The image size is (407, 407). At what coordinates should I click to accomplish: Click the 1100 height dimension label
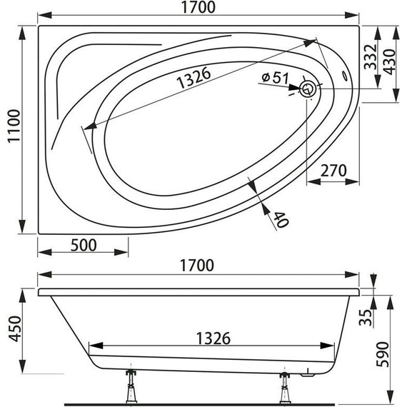tap(14, 126)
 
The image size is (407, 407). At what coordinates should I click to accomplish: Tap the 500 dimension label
tap(84, 245)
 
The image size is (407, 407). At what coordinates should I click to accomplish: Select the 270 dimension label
tap(333, 171)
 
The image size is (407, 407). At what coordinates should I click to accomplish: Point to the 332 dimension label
tap(370, 57)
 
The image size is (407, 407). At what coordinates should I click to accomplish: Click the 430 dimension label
tap(389, 62)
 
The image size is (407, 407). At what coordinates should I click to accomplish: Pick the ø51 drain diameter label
tap(275, 77)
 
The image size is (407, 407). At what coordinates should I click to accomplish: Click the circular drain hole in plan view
tap(308, 89)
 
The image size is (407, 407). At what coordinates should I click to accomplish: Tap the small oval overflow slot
tap(345, 76)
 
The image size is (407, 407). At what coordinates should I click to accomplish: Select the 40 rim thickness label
tap(281, 220)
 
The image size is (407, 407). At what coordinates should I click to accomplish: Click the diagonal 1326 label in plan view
tap(194, 77)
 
